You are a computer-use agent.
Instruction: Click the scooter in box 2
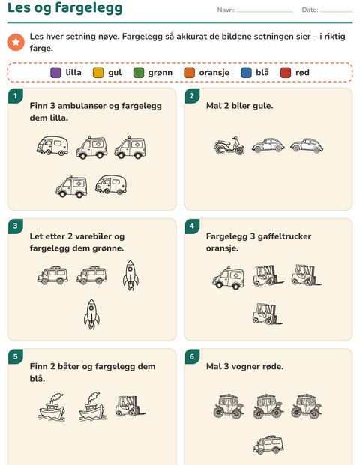point(229,145)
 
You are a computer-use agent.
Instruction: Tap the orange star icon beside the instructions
point(16,43)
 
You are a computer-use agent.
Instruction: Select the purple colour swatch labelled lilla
point(55,73)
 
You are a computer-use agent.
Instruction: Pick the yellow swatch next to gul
point(98,73)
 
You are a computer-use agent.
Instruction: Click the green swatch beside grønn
point(139,73)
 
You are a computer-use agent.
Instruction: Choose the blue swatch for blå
point(246,73)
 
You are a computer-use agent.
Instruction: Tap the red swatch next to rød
point(286,73)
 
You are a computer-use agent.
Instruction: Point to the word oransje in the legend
point(214,73)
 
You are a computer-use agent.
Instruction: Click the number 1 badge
point(16,95)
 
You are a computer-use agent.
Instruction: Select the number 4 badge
point(192,226)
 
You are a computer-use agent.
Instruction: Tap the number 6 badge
point(192,356)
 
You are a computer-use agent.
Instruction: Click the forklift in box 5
point(130,406)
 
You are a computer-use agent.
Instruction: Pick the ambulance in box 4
point(228,277)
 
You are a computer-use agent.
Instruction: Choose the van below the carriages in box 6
point(268,445)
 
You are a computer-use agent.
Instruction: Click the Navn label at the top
point(226,10)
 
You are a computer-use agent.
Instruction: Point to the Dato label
point(310,10)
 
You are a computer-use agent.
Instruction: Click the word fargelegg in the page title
point(88,8)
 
